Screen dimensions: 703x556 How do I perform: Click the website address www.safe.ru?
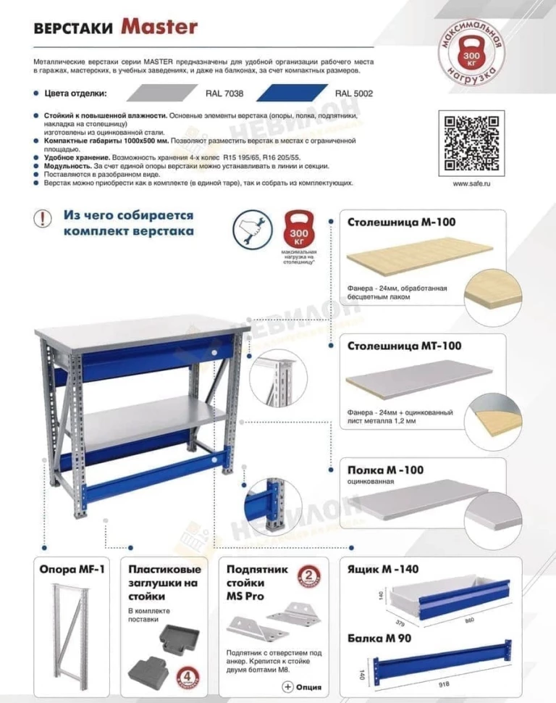click(471, 184)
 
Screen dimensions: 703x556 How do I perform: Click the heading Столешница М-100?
click(402, 222)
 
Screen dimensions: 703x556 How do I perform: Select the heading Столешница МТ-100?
click(404, 346)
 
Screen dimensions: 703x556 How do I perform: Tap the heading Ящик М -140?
click(383, 570)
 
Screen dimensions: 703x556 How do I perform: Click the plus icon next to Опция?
click(287, 686)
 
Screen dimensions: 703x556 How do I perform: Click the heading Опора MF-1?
click(72, 570)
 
